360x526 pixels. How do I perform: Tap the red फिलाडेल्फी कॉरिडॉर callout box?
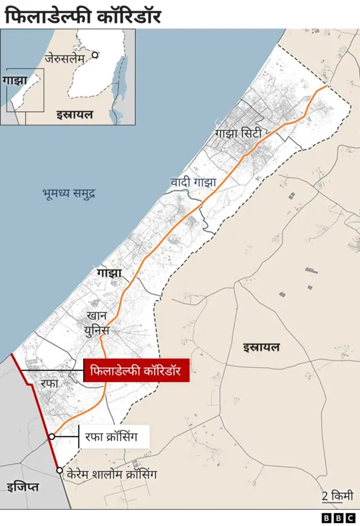(x=136, y=370)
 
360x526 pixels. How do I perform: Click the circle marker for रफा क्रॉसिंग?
(x=51, y=436)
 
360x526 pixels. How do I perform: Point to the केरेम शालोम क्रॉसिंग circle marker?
(x=59, y=470)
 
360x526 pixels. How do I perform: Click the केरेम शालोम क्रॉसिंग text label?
(x=111, y=474)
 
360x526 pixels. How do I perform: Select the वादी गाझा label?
(x=193, y=183)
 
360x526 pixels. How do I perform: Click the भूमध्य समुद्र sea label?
(x=69, y=194)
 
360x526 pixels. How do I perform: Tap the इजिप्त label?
(x=23, y=487)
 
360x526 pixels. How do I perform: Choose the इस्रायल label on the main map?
(x=261, y=347)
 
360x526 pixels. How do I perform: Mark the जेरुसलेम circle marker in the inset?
(x=96, y=55)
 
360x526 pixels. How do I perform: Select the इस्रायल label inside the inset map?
(x=74, y=115)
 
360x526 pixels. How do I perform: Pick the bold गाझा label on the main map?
(x=109, y=274)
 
